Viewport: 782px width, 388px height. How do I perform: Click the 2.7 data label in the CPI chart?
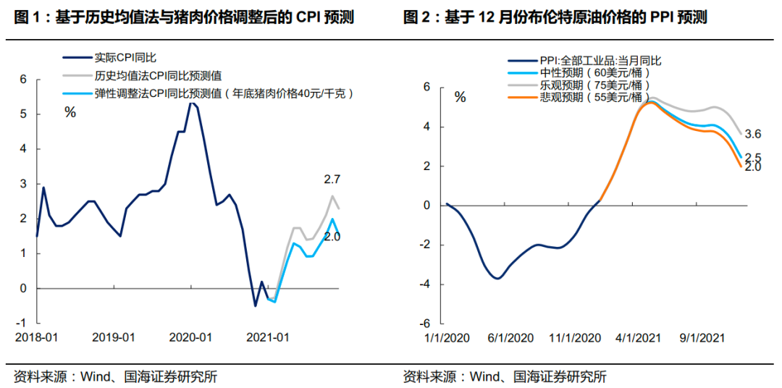click(332, 178)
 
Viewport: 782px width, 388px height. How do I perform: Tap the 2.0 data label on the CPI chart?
click(331, 237)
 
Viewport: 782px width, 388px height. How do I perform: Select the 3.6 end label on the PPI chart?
click(752, 134)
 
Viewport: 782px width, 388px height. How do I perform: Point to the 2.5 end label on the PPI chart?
click(752, 158)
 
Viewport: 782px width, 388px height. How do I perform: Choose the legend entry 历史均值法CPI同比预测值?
click(158, 75)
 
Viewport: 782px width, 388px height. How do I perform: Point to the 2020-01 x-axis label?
click(190, 338)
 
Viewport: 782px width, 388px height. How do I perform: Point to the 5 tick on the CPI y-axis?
click(23, 114)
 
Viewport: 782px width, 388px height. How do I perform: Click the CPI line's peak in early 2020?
click(191, 103)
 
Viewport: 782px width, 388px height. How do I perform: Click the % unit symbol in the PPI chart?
click(460, 98)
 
